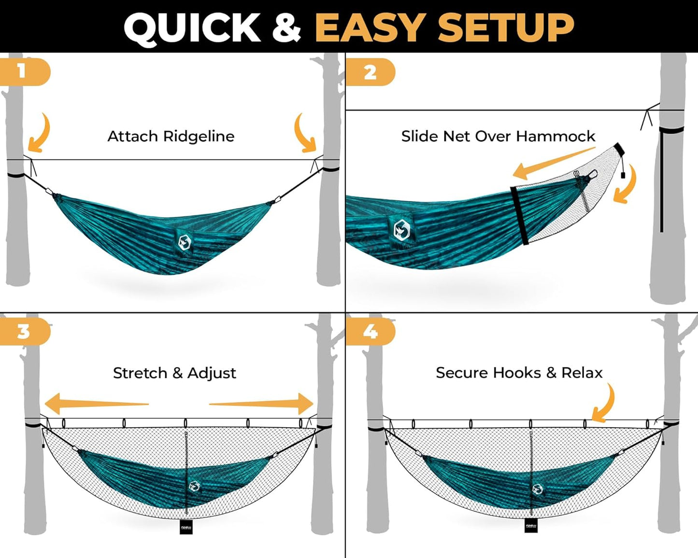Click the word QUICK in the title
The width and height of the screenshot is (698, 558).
(x=192, y=28)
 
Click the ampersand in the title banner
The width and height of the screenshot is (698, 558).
(x=286, y=28)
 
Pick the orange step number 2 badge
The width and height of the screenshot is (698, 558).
(x=370, y=72)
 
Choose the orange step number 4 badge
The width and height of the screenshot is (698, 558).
(x=370, y=332)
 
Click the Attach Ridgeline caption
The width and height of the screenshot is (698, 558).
(x=171, y=137)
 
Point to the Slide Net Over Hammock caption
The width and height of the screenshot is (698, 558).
(x=498, y=137)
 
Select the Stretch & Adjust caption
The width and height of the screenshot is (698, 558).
(x=174, y=373)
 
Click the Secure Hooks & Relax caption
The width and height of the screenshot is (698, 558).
(x=519, y=373)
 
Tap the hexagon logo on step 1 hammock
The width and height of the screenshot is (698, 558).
(x=184, y=242)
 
